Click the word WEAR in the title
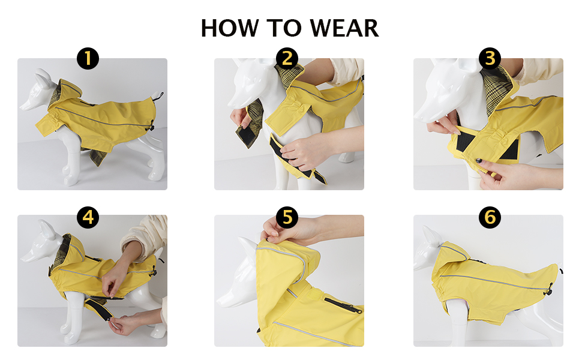click(x=344, y=28)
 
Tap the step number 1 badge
click(x=88, y=58)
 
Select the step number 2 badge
click(x=287, y=58)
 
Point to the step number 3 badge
click(x=490, y=58)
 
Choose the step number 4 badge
click(x=88, y=217)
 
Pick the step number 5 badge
click(x=287, y=217)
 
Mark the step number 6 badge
click(x=490, y=217)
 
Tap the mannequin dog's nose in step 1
click(x=22, y=107)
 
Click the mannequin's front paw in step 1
click(x=71, y=181)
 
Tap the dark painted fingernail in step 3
click(x=479, y=161)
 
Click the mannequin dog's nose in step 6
click(x=416, y=266)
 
